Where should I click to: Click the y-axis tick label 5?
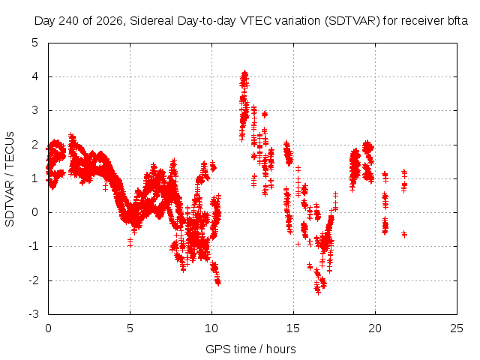tap(35, 43)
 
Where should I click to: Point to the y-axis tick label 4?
tap(35, 76)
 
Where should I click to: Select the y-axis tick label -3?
tap(33, 314)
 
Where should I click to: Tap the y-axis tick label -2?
tap(33, 280)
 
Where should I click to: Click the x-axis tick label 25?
tap(457, 328)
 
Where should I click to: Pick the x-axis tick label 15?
tap(293, 328)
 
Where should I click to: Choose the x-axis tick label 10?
tap(211, 328)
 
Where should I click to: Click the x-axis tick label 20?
tap(375, 328)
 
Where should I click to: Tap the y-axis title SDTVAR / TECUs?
tap(10, 179)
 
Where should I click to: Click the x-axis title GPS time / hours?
tap(250, 349)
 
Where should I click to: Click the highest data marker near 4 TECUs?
tap(244, 73)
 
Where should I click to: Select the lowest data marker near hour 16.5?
tap(318, 292)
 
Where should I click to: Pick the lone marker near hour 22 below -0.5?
tap(404, 235)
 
